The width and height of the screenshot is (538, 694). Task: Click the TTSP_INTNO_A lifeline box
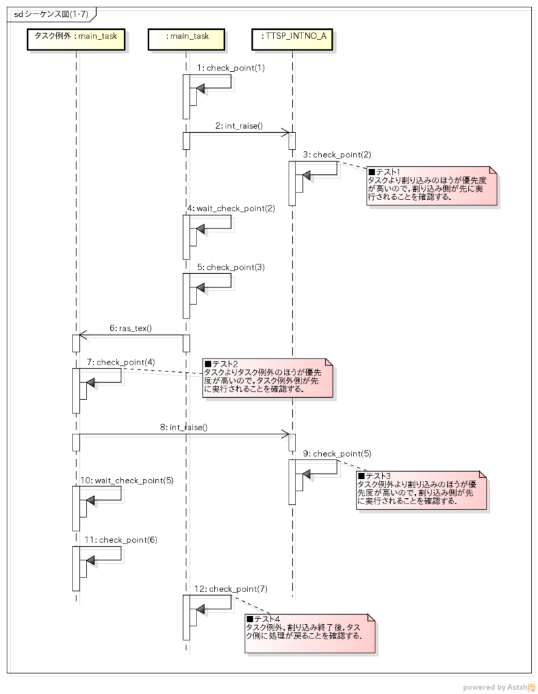pos(292,41)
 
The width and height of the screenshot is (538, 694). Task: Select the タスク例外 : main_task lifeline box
pos(76,41)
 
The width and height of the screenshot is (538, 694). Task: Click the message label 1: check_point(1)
pos(231,68)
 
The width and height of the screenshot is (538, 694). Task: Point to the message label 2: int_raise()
pos(239,125)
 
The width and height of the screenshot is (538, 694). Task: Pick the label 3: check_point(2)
pos(337,155)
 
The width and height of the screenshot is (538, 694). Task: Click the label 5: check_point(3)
pos(231,267)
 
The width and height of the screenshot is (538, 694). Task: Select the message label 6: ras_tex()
pos(131,328)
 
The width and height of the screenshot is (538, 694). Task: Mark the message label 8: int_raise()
pos(184,427)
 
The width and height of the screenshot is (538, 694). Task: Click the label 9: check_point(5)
pos(337,453)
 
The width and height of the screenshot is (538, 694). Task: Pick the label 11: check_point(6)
pos(121,539)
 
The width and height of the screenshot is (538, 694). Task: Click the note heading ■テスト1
pos(384,172)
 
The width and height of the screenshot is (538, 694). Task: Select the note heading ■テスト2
pos(221,364)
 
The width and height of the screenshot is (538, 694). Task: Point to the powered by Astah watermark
pos(499,687)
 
